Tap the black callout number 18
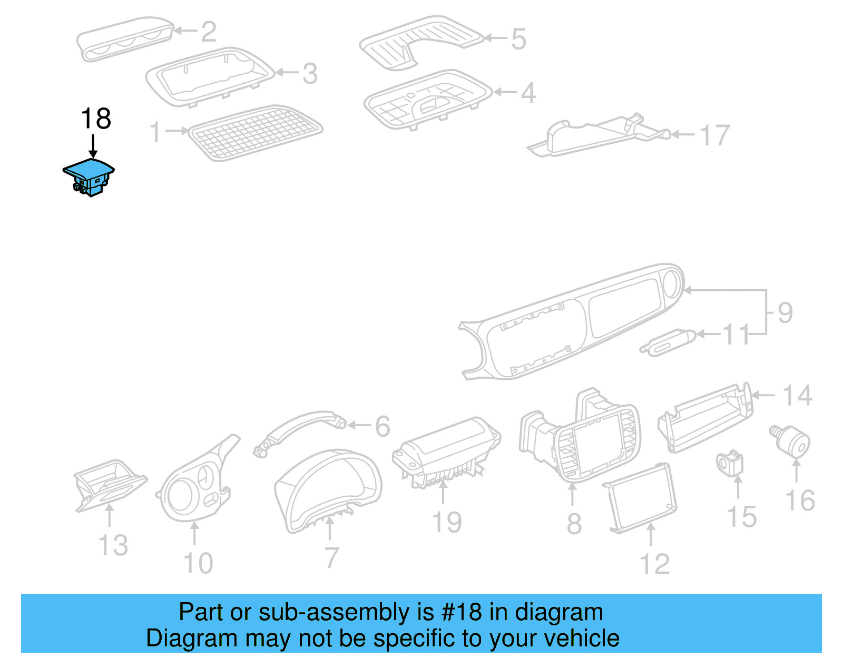[96, 119]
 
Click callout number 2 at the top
[209, 32]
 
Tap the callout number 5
[518, 40]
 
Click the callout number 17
[715, 136]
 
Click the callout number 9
[785, 313]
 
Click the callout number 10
[198, 563]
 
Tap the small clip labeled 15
[731, 463]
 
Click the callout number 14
[797, 396]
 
